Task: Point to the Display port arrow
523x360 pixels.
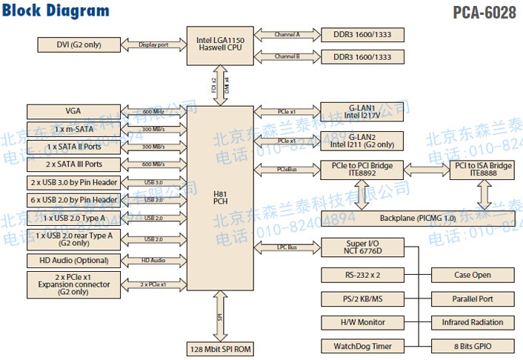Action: (153, 44)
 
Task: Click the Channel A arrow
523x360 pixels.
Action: (287, 35)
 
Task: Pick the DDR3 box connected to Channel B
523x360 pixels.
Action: (362, 57)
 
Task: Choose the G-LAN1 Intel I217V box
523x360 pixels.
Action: (362, 111)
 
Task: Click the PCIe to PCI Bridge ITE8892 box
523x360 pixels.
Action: (362, 170)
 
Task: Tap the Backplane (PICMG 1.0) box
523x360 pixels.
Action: (418, 219)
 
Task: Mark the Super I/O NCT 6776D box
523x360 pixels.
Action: (362, 247)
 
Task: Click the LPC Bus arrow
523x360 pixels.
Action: (287, 247)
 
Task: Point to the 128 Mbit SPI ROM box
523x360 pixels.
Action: (219, 348)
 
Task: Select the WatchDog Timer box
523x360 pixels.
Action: (362, 346)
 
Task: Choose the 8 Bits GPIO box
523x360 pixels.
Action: (473, 346)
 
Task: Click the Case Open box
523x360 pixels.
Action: (473, 276)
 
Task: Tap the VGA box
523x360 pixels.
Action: (73, 111)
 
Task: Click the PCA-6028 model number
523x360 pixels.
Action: (484, 13)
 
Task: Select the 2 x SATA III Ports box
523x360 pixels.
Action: (73, 164)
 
